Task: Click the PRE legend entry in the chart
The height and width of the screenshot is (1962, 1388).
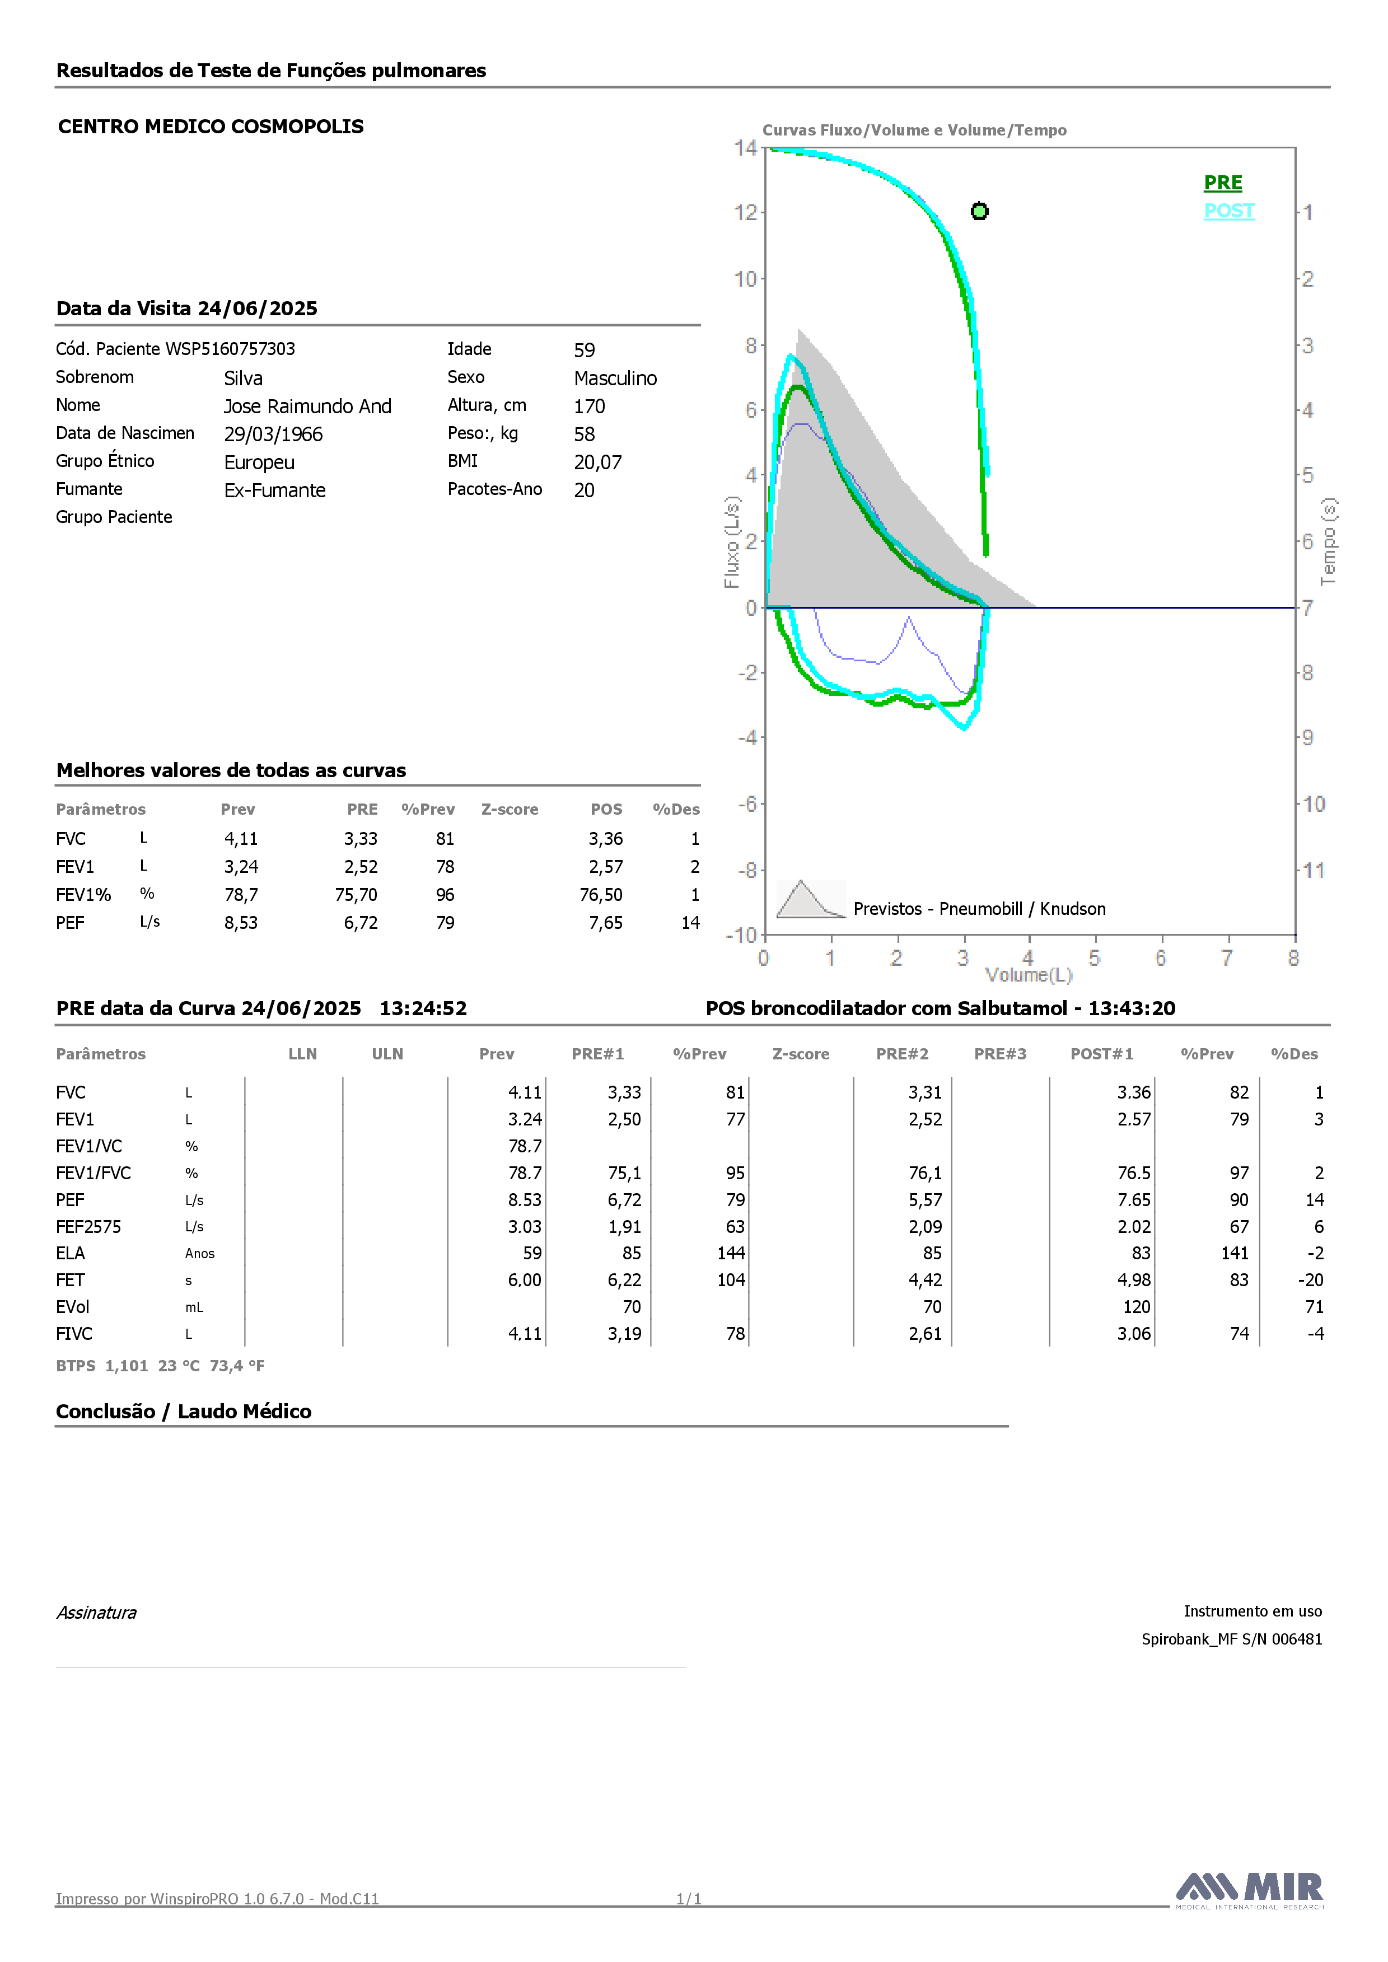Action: [x=1222, y=183]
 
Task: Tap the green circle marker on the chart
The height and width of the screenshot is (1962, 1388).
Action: [x=979, y=211]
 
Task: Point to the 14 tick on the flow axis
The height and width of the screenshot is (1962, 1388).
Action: [x=745, y=148]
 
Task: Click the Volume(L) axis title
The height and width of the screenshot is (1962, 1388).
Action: [x=1028, y=975]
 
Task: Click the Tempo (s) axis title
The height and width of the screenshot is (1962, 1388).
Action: [x=1328, y=542]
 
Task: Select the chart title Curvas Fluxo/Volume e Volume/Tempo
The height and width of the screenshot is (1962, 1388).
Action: [x=914, y=130]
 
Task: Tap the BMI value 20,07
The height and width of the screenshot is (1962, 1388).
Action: [x=597, y=463]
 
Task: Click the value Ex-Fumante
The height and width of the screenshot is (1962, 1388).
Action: [x=274, y=490]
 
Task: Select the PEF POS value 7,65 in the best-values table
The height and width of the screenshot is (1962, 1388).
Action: [x=605, y=923]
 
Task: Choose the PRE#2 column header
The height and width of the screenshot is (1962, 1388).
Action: [x=901, y=1054]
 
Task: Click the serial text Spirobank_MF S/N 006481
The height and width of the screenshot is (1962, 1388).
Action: [x=1232, y=1639]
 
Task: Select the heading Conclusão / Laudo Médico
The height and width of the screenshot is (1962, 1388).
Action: [x=184, y=1412]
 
